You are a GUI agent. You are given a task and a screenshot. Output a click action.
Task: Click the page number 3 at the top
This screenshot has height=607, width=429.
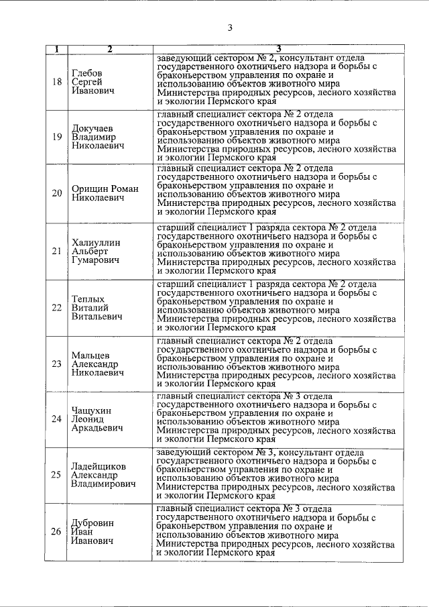tap(229, 27)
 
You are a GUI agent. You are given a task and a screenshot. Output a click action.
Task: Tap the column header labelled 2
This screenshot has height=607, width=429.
tap(109, 49)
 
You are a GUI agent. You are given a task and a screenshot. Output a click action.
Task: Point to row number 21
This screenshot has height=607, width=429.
tap(56, 251)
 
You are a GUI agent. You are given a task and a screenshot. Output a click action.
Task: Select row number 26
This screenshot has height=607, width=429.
tap(56, 532)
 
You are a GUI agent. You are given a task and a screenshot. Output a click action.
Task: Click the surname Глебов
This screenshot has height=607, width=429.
tap(87, 72)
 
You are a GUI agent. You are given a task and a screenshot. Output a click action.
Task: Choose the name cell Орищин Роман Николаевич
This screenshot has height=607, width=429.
tap(105, 194)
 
